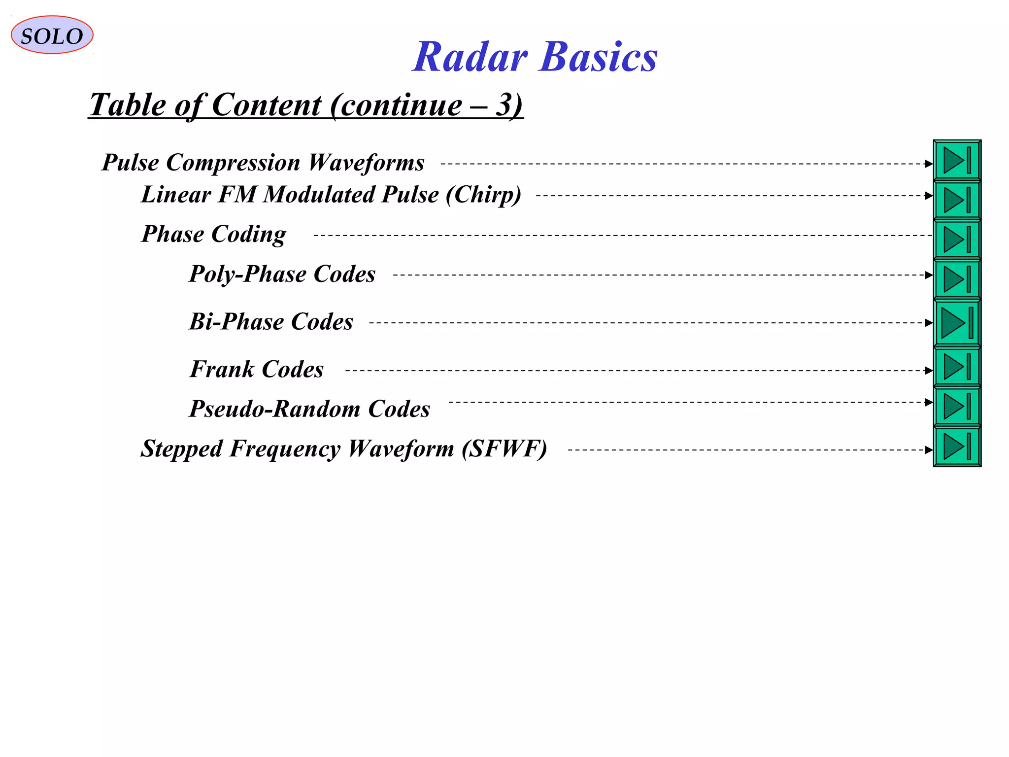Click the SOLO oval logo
coord(52,35)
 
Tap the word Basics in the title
coord(599,57)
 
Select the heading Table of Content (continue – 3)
coord(305,105)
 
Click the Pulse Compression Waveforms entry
coord(263,163)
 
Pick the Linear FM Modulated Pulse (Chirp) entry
coord(331,195)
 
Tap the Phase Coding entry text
coord(213,234)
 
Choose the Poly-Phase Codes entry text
coord(282,274)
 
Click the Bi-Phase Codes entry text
coord(271,322)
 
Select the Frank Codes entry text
coord(257,370)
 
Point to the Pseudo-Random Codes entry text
coord(309,409)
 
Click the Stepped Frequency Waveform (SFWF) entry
coord(343,449)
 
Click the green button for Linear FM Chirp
coord(957,200)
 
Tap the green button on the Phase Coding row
coord(957,240)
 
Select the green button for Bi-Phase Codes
coord(957,323)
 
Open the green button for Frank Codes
coord(957,367)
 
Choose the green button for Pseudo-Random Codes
coord(957,407)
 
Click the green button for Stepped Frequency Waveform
coord(957,447)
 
